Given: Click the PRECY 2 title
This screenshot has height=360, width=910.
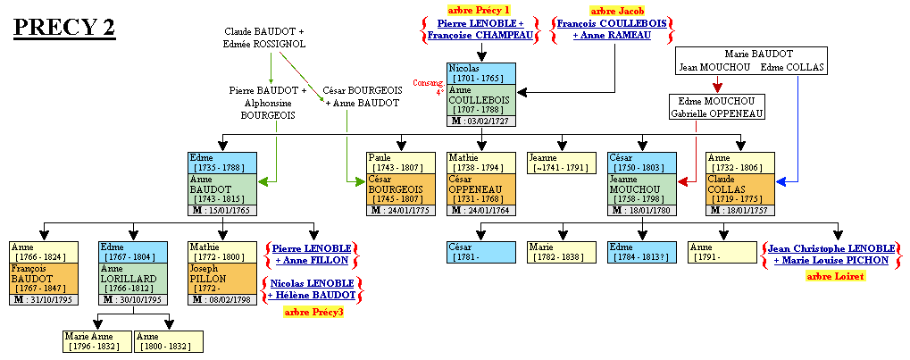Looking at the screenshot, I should [x=64, y=28].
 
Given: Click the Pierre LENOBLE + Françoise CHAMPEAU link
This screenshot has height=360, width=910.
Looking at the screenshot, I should [x=480, y=29].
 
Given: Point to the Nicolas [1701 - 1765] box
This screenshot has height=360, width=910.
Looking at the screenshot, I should [x=481, y=73].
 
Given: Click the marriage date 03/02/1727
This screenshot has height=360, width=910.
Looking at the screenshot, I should [x=481, y=121].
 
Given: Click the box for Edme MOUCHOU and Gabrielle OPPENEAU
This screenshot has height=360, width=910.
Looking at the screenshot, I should [x=717, y=107].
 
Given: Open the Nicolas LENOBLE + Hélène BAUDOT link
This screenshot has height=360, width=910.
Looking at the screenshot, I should [x=312, y=289].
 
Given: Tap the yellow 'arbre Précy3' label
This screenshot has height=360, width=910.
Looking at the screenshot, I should [x=313, y=312].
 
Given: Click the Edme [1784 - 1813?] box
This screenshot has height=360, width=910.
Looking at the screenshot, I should [x=642, y=252].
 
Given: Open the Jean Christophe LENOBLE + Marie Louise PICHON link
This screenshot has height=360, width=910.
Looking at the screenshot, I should [x=832, y=253].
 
